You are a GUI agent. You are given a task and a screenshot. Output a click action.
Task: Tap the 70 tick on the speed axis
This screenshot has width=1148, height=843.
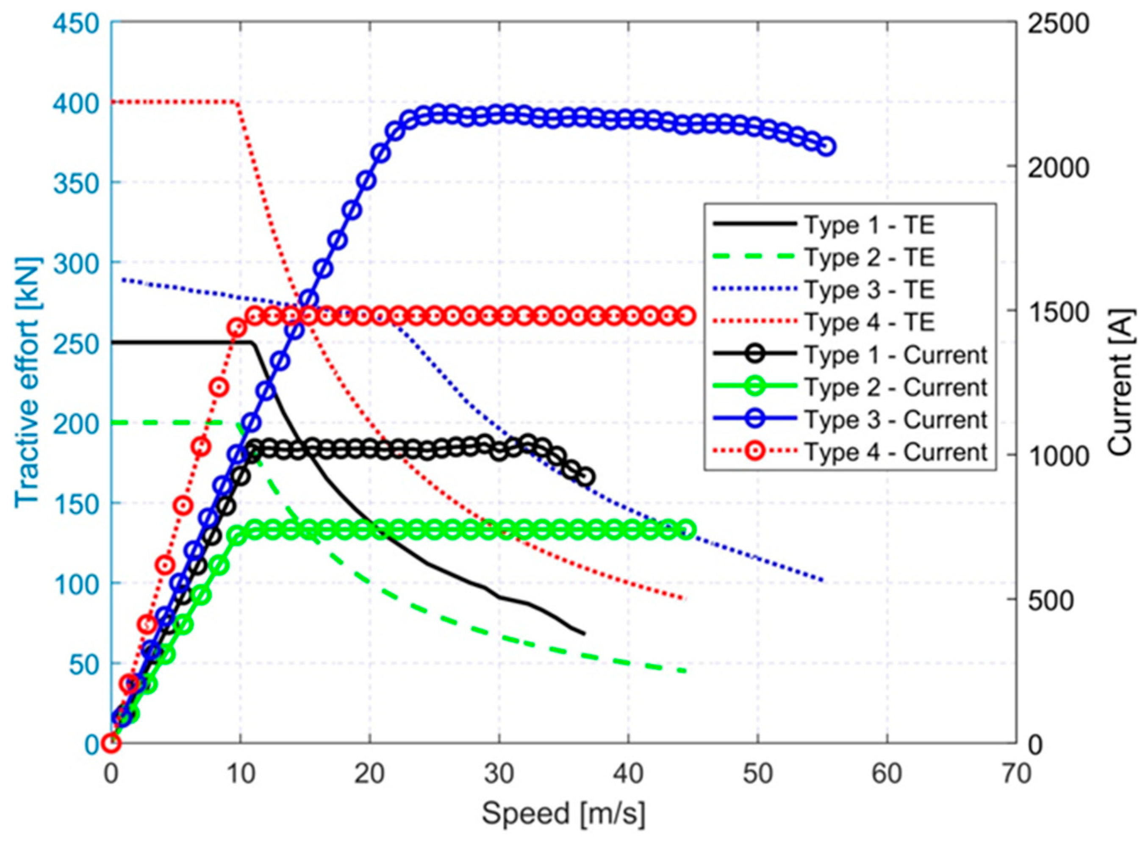pyautogui.click(x=1016, y=775)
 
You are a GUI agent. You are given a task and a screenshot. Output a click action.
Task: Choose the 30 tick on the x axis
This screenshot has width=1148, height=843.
pyautogui.click(x=499, y=775)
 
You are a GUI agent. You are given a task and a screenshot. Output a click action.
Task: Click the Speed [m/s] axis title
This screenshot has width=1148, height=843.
pyautogui.click(x=563, y=815)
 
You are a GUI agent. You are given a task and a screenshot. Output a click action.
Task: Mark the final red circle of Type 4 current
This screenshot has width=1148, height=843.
pyautogui.click(x=687, y=316)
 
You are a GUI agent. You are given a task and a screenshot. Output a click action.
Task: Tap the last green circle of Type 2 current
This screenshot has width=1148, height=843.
pyautogui.click(x=687, y=530)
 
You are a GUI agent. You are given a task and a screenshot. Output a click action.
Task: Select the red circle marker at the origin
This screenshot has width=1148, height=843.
pyautogui.click(x=111, y=743)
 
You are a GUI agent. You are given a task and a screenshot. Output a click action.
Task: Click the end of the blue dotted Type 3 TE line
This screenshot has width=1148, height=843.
pyautogui.click(x=823, y=581)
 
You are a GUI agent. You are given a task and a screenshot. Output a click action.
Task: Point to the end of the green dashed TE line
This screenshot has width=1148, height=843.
pyautogui.click(x=686, y=671)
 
